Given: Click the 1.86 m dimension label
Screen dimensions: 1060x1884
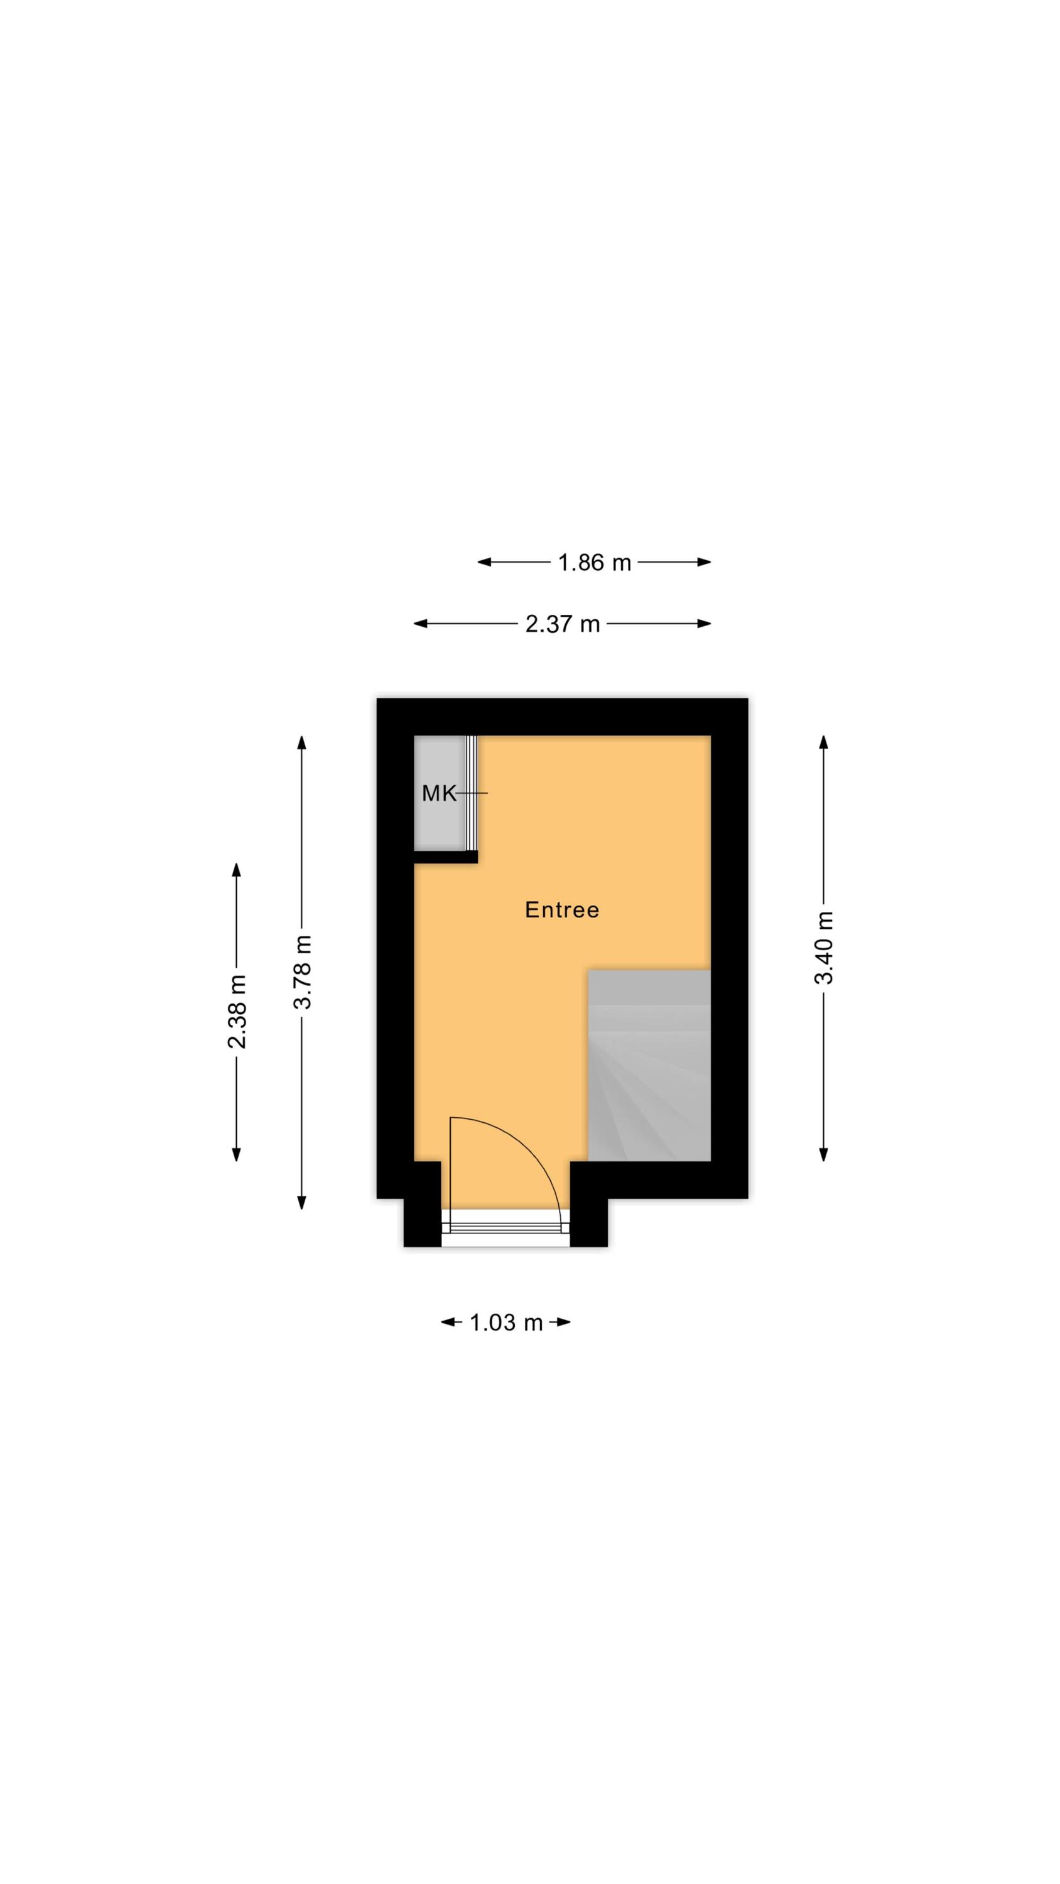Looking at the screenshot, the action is [x=593, y=563].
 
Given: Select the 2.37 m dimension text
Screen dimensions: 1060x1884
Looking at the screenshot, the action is [x=563, y=624].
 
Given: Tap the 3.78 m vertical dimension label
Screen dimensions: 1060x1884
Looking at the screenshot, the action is [x=302, y=972].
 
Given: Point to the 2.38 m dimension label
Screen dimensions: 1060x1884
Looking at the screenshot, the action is [x=237, y=1012].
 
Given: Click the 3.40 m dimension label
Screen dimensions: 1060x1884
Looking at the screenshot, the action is [x=824, y=947].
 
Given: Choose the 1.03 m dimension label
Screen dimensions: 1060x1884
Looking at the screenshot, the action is [x=506, y=1323].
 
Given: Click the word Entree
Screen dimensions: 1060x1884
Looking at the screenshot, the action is [x=562, y=910].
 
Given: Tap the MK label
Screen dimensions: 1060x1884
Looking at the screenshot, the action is [x=439, y=793].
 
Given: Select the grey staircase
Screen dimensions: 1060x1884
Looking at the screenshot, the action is [x=649, y=1065].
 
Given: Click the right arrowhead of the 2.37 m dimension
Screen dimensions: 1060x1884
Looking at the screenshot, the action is [x=704, y=624].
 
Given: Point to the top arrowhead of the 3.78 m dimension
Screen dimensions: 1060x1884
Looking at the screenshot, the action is [x=301, y=742].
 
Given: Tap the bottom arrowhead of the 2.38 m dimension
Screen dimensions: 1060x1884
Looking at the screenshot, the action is [x=236, y=1154].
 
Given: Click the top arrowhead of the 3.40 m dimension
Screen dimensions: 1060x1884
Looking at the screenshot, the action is [x=824, y=742].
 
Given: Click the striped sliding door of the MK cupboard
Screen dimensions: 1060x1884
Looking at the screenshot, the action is [x=471, y=793].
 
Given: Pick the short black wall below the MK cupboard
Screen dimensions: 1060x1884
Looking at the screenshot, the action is [x=445, y=857].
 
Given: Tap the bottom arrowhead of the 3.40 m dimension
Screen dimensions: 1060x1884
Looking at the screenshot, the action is [x=824, y=1154].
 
